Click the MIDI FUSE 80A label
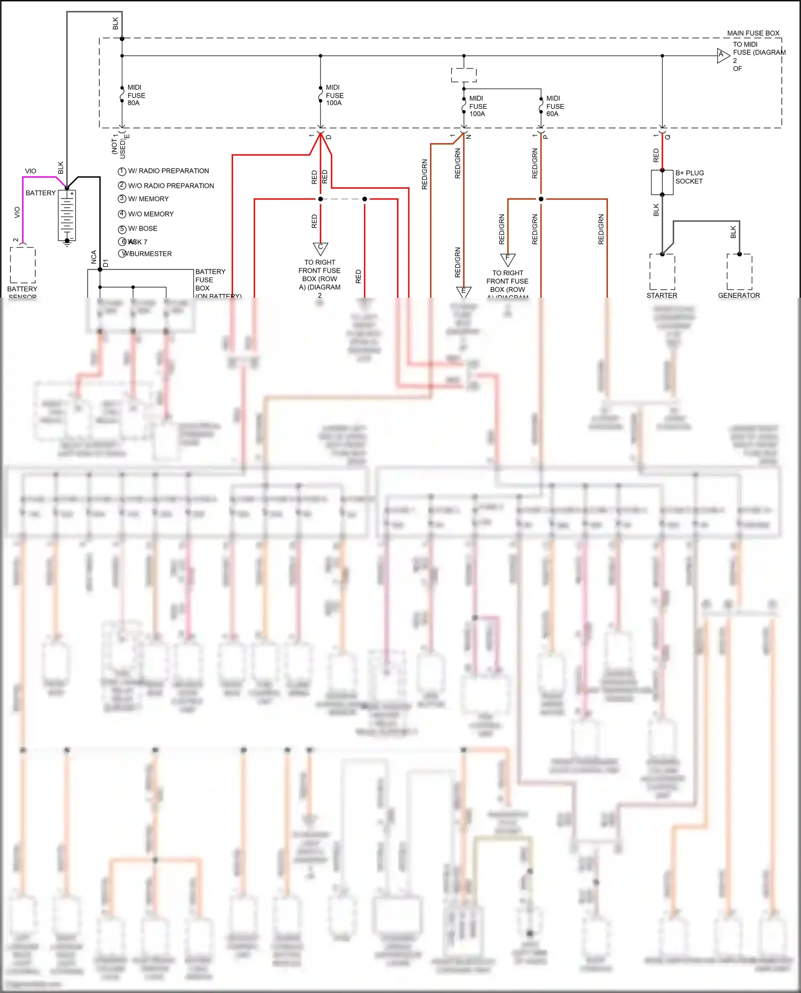(x=136, y=95)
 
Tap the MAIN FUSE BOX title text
(x=753, y=33)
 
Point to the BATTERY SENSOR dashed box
(x=23, y=265)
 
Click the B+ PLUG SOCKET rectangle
(x=662, y=182)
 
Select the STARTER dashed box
(x=662, y=272)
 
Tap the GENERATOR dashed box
(x=739, y=272)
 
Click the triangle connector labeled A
(x=723, y=55)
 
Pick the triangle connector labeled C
(x=320, y=248)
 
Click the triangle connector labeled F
(x=507, y=259)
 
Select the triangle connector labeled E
(x=464, y=292)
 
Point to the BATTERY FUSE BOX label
(x=210, y=280)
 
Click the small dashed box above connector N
(x=464, y=75)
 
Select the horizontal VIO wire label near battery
(x=30, y=171)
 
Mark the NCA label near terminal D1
(x=94, y=257)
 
